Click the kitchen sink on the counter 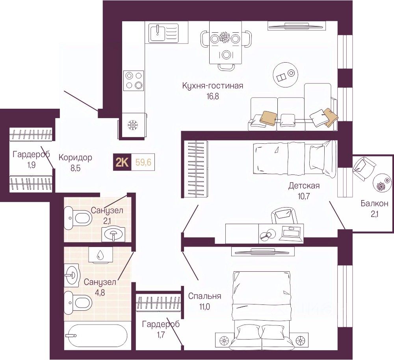[x=164, y=33]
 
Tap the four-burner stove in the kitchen [x=133, y=80]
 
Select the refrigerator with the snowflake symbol [x=132, y=126]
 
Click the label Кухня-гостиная [x=212, y=85]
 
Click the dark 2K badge [x=122, y=162]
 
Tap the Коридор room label [x=75, y=158]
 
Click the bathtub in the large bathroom [x=96, y=336]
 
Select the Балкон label [x=374, y=203]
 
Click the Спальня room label [x=204, y=296]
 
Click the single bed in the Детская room [x=294, y=159]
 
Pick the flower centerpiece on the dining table [x=225, y=38]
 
